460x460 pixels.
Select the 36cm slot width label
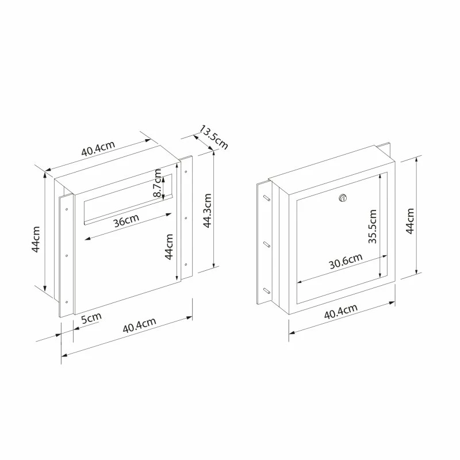pos(125,221)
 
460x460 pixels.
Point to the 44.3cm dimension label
pos(208,211)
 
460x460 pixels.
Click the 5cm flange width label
pos(91,319)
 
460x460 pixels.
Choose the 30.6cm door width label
pos(346,262)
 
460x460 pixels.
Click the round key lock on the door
pos(343,198)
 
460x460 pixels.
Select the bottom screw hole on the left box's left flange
pos(67,301)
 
